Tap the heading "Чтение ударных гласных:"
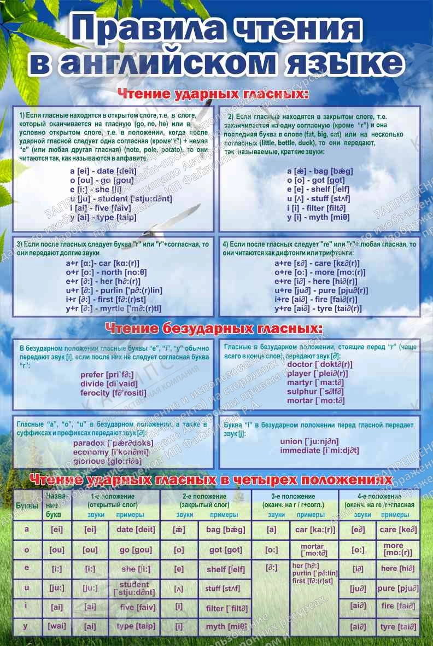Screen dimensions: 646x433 (213, 94)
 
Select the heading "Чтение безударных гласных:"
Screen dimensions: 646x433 (213, 328)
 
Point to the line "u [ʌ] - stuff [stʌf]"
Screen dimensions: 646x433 (318, 199)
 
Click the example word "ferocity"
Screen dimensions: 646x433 (96, 393)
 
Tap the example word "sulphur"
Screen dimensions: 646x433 (302, 392)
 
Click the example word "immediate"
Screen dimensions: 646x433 (300, 450)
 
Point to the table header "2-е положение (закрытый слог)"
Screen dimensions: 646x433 (205, 500)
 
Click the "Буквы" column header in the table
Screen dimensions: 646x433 (27, 506)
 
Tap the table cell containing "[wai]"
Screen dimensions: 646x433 (56, 626)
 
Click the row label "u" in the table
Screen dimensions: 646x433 (27, 587)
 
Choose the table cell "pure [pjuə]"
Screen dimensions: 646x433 (398, 589)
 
